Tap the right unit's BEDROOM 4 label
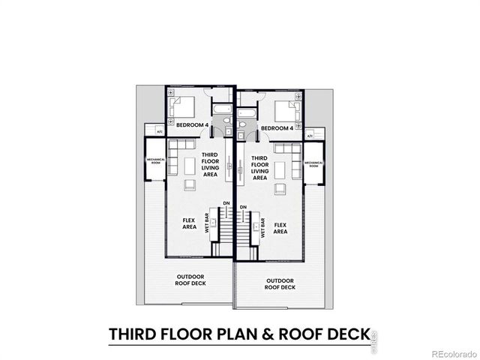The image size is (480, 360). coord(277,128)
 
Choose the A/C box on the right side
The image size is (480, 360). coord(310,136)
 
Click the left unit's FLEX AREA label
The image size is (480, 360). coord(189,223)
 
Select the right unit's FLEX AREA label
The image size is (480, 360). coord(280,228)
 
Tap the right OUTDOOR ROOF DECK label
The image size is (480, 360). coord(280,284)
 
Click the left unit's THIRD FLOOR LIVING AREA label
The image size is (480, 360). coord(209,164)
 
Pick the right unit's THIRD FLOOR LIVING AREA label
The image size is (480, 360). coord(259,168)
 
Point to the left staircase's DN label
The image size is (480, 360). coord(226,203)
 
